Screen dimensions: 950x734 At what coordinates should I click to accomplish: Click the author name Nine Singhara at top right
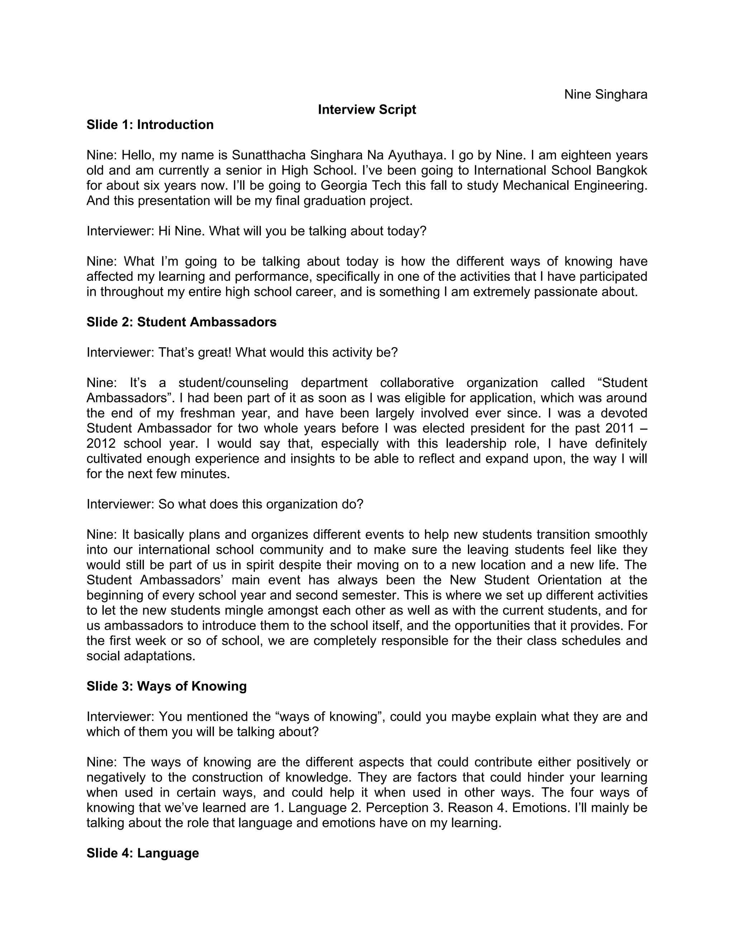point(605,94)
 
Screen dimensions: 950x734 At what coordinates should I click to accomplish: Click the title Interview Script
point(367,110)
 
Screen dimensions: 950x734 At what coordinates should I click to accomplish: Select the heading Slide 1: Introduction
point(150,125)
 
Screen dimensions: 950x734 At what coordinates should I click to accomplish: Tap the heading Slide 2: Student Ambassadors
point(181,322)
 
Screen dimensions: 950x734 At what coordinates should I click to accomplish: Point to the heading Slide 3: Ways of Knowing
point(167,686)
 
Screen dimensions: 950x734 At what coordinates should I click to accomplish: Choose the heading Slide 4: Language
point(143,853)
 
